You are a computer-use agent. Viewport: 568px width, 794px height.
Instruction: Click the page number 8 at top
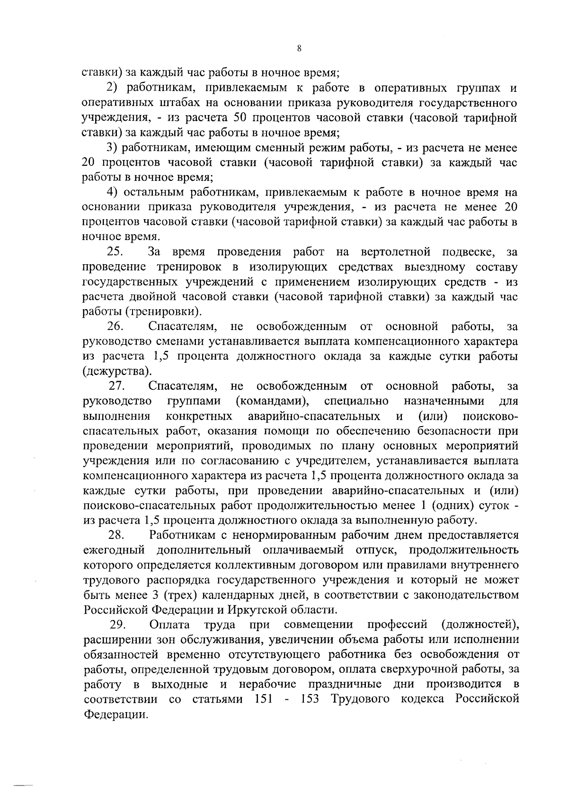(x=299, y=48)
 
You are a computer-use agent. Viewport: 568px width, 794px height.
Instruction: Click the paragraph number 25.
(x=115, y=251)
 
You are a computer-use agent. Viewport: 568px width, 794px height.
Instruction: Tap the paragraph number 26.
(x=115, y=326)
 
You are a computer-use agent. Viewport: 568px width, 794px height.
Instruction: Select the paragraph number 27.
(x=116, y=386)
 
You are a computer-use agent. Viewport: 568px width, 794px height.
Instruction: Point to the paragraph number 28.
(x=116, y=535)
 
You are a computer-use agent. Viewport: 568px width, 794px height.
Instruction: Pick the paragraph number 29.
(x=117, y=624)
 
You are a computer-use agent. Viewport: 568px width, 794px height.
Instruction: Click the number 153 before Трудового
(x=311, y=699)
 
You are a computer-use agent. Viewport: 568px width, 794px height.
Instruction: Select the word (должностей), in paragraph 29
(x=479, y=624)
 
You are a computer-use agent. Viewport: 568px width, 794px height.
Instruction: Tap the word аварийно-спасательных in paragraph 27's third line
(x=314, y=416)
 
